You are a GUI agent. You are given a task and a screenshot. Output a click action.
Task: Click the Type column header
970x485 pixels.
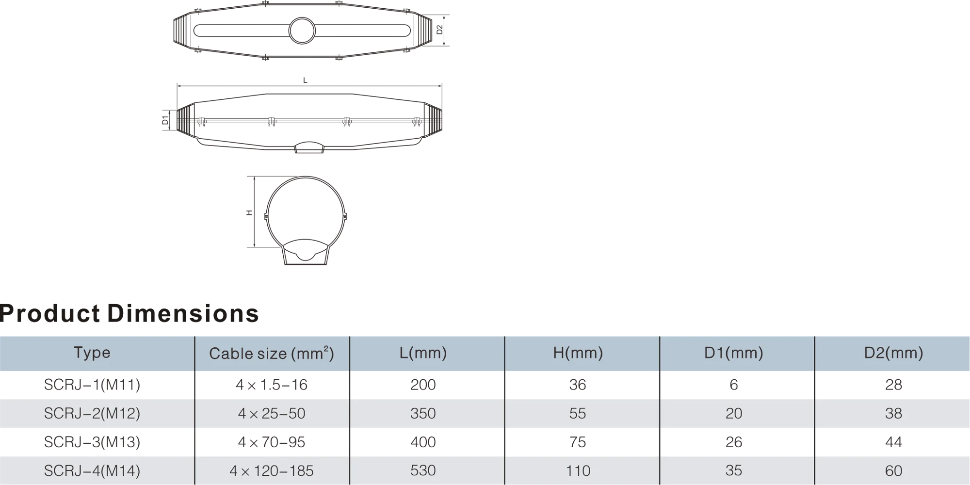click(92, 353)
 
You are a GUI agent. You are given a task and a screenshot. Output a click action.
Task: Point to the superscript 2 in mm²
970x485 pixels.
click(326, 348)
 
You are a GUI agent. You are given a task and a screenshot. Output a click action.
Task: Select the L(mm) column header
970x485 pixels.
click(423, 353)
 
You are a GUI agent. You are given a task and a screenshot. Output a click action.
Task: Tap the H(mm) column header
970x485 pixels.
click(578, 353)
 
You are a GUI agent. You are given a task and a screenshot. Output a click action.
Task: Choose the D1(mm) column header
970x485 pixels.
click(733, 353)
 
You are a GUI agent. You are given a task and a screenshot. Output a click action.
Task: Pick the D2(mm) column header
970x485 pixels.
click(893, 353)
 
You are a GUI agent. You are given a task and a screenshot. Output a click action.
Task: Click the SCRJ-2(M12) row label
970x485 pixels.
click(92, 413)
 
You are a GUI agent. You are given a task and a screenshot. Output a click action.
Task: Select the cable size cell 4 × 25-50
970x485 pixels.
click(272, 413)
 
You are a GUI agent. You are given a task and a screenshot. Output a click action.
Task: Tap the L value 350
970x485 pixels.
click(423, 413)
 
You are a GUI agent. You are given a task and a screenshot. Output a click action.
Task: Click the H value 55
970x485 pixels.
click(578, 413)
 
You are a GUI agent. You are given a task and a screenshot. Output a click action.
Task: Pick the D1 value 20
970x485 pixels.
click(734, 413)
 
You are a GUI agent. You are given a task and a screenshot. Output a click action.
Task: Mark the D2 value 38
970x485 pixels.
click(893, 413)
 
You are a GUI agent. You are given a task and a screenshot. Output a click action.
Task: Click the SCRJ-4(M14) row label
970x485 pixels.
click(92, 470)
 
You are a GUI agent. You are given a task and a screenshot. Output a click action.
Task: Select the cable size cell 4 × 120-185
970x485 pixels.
click(272, 470)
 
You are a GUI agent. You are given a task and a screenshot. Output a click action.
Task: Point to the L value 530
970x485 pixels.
click(423, 470)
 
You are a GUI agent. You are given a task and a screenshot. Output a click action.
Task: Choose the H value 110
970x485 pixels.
click(578, 470)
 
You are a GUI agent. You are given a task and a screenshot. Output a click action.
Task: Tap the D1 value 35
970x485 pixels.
click(734, 470)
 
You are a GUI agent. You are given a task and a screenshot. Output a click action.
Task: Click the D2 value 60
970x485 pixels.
click(893, 470)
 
